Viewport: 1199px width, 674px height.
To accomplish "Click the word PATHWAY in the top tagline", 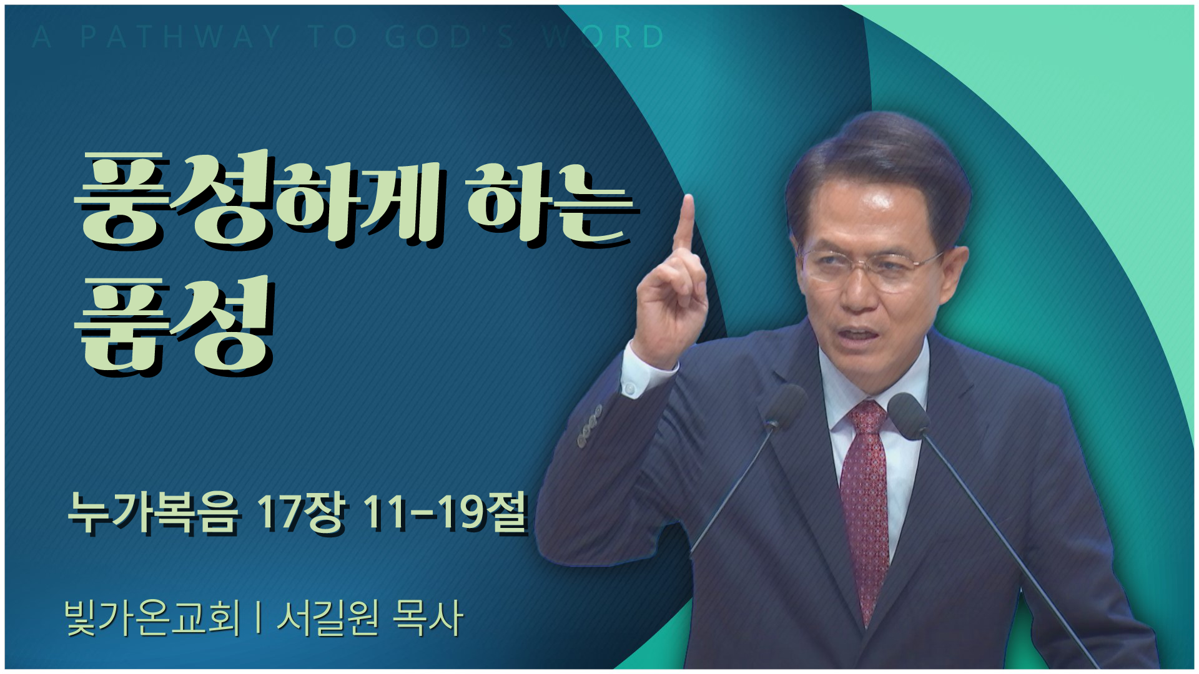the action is pos(180,37).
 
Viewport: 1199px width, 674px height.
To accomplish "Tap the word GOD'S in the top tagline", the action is pos(450,37).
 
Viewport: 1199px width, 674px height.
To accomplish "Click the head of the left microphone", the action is pos(784,406).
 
